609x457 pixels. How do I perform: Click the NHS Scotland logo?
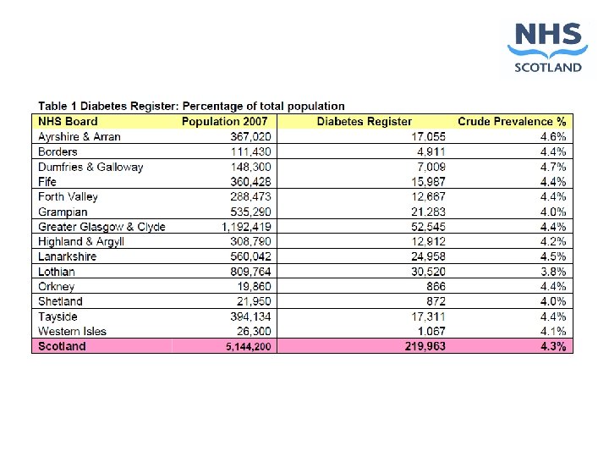pos(547,47)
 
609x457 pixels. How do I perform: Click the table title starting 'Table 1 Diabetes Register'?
pos(191,106)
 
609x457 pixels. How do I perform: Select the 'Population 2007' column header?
pos(224,121)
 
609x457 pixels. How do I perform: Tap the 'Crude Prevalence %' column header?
pos(512,121)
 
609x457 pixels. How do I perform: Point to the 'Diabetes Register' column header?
pos(364,121)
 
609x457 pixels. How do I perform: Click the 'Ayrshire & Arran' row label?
pos(80,136)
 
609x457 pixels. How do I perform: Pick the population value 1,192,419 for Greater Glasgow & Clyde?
pos(246,227)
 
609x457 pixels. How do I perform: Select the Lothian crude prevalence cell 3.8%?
pos(553,272)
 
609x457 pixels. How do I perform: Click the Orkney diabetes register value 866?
pos(436,286)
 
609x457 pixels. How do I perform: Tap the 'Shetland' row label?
pos(60,301)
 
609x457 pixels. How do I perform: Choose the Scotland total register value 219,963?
pos(425,346)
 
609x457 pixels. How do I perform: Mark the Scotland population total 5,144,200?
pos(248,346)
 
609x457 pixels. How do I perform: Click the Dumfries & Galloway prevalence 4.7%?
pos(553,167)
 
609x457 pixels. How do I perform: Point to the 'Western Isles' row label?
pos(72,331)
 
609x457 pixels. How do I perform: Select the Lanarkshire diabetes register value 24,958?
pos(428,256)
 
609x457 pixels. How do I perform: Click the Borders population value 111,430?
pos(251,151)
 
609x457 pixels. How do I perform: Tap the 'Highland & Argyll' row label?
pos(81,242)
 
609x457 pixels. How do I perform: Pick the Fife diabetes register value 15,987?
pos(428,181)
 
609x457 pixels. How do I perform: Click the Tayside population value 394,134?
pos(250,317)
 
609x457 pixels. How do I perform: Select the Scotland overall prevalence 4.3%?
pos(553,346)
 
